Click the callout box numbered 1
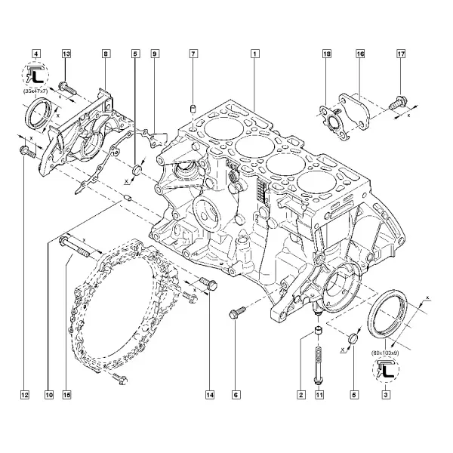(254, 54)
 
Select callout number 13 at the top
(66, 54)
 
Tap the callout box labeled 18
(327, 54)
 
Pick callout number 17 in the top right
(401, 54)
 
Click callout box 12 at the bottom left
(25, 395)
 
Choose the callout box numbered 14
(210, 395)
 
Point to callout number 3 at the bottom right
(386, 395)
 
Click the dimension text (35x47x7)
(35, 91)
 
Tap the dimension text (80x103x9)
(385, 353)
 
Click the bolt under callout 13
(67, 88)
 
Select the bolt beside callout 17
(398, 103)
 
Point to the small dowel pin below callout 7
(193, 109)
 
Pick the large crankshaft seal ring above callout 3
(387, 313)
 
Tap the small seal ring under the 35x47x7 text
(39, 113)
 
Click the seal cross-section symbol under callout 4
(35, 75)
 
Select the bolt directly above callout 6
(238, 313)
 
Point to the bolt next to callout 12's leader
(27, 152)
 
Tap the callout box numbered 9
(155, 54)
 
